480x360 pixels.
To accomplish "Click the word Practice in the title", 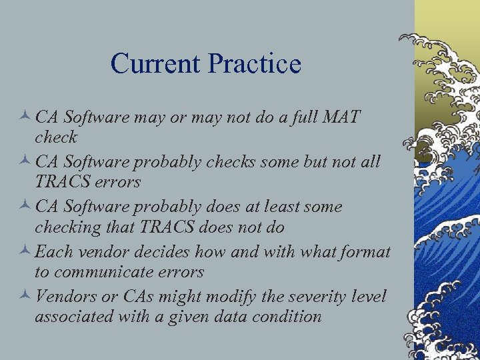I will point(255,64).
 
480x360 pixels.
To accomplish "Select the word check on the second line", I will point(56,138).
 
